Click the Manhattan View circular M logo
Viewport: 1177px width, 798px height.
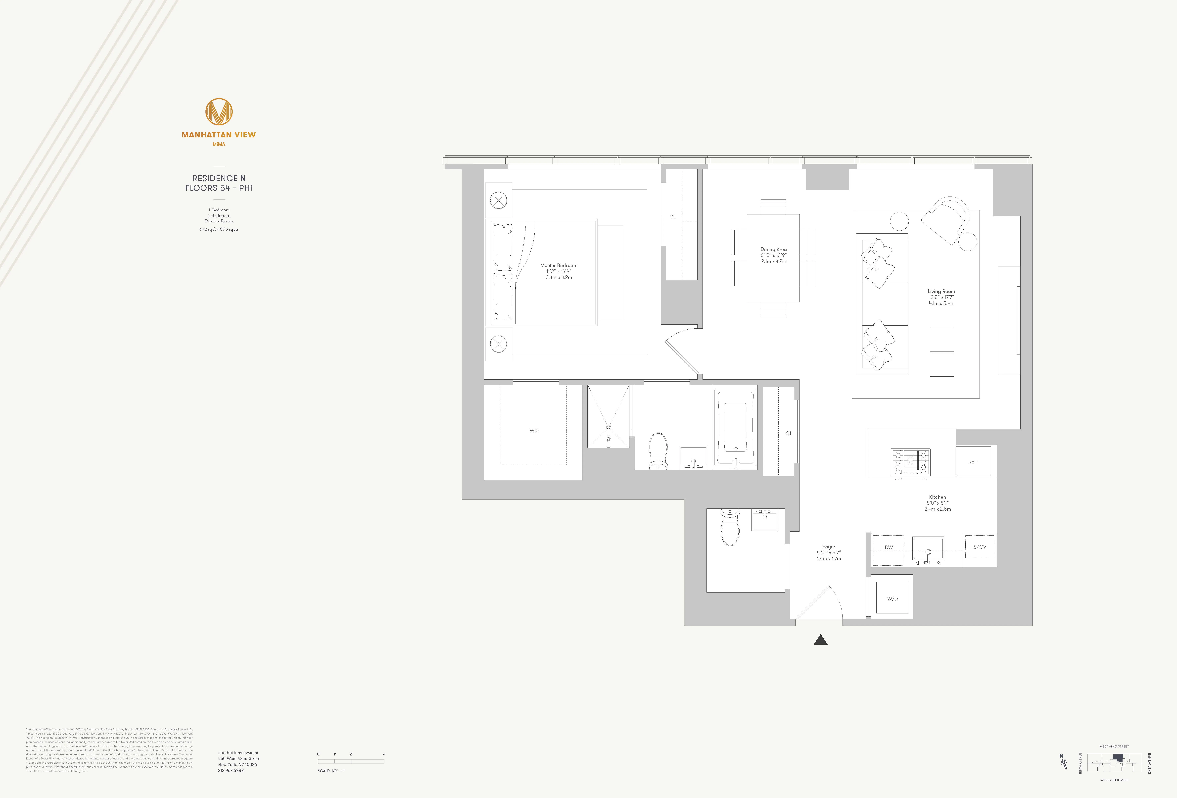[x=219, y=112]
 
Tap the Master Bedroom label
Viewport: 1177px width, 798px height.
[x=559, y=265]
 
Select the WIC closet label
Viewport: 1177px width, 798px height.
[x=534, y=431]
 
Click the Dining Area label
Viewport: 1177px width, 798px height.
[x=773, y=249]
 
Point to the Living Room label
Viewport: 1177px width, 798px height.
[x=941, y=291]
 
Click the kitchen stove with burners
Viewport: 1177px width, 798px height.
[x=911, y=462]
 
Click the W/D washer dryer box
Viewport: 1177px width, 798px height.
[x=892, y=598]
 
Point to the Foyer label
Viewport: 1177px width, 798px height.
[x=829, y=547]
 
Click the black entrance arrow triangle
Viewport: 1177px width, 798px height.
[x=820, y=640]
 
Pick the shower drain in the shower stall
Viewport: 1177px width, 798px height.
[x=608, y=439]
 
